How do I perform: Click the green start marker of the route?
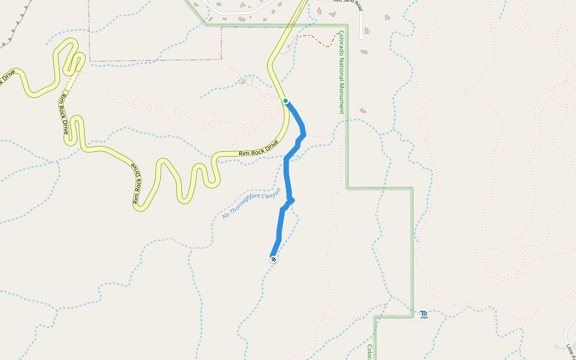tap(286, 101)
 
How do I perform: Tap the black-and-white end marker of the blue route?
tap(274, 259)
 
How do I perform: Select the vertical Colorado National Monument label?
tap(341, 72)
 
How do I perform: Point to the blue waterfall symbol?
tap(424, 314)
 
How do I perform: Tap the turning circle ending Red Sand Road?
tap(361, 37)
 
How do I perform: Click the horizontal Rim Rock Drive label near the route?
tap(259, 149)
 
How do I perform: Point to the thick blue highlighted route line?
tap(286, 174)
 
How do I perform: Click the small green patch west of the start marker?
tap(241, 81)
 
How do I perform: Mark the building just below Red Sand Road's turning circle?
tap(364, 52)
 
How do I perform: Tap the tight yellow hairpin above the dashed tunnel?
tap(77, 60)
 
